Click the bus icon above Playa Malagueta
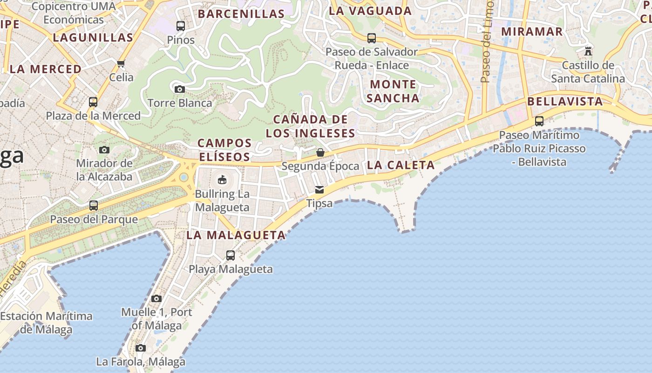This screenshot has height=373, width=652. click(x=231, y=255)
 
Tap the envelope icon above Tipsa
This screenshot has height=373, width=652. click(x=319, y=190)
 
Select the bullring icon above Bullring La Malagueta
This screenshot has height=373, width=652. click(x=222, y=180)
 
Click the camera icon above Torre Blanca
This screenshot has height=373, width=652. click(x=179, y=89)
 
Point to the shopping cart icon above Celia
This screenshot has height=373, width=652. click(x=121, y=63)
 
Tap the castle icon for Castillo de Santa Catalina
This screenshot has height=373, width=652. click(x=588, y=51)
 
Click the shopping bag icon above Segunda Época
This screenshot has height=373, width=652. click(x=320, y=152)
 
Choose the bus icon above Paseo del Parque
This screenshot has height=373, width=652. click(x=94, y=205)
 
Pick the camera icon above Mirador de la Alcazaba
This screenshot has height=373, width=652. click(x=104, y=150)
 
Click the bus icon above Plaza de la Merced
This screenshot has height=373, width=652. click(x=93, y=102)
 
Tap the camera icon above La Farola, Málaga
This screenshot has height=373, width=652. click(x=141, y=348)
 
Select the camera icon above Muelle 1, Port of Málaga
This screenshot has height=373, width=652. click(x=156, y=298)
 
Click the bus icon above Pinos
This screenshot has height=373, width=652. click(x=181, y=26)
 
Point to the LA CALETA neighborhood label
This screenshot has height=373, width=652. click(x=401, y=165)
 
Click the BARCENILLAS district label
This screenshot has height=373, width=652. click(x=241, y=14)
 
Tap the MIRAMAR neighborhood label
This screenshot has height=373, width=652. click(x=532, y=32)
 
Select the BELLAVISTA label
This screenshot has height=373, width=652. click(x=565, y=101)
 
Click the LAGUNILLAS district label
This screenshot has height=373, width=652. click(x=93, y=37)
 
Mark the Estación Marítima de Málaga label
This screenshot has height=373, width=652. click(x=46, y=323)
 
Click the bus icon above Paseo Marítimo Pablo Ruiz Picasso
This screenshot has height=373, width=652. click(x=539, y=121)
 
